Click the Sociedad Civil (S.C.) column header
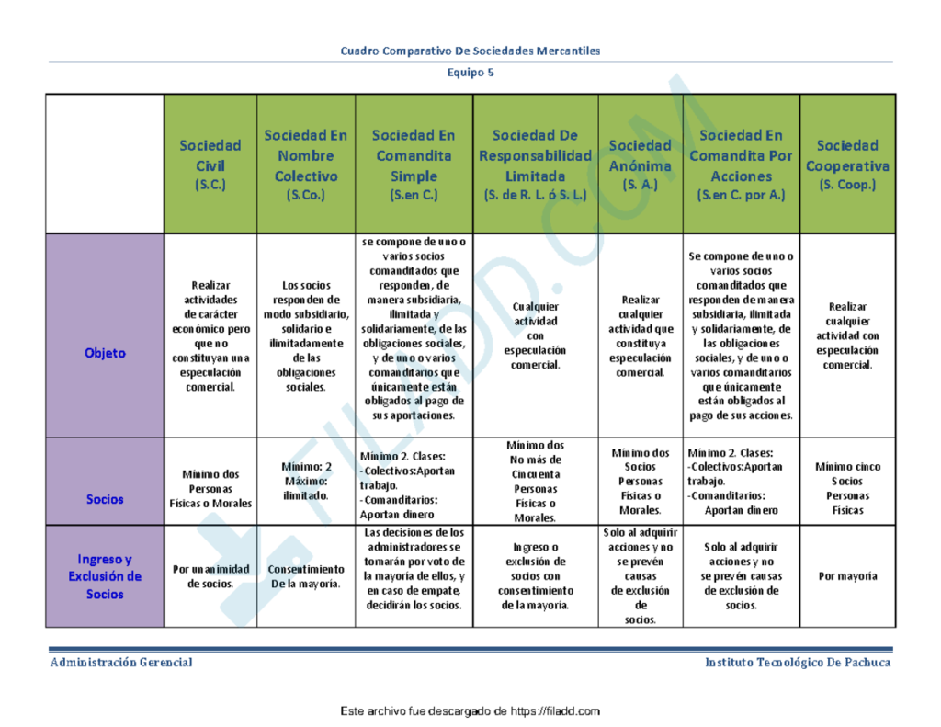(210, 165)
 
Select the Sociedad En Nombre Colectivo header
(305, 165)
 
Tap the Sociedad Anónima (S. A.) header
(641, 165)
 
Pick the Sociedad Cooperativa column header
(847, 165)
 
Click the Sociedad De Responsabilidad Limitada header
(535, 165)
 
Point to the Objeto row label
(105, 353)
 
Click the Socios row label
(105, 499)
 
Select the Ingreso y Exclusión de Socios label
(105, 576)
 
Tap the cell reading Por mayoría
(847, 576)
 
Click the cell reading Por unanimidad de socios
(210, 576)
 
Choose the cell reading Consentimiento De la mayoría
(305, 576)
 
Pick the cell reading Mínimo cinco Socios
(847, 488)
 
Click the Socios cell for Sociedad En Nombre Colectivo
(305, 481)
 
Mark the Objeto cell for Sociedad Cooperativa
(847, 335)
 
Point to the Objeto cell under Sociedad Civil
(210, 336)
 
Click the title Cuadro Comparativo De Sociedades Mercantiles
(470, 51)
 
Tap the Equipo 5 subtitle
(470, 73)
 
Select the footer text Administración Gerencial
(121, 663)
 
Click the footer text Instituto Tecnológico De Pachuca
(798, 663)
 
